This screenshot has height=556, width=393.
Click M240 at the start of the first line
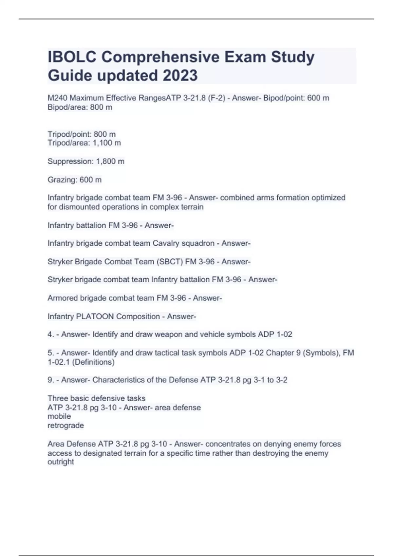(58, 98)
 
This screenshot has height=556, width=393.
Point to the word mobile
(59, 416)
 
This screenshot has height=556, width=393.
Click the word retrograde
(66, 426)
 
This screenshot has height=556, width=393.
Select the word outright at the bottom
(61, 462)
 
